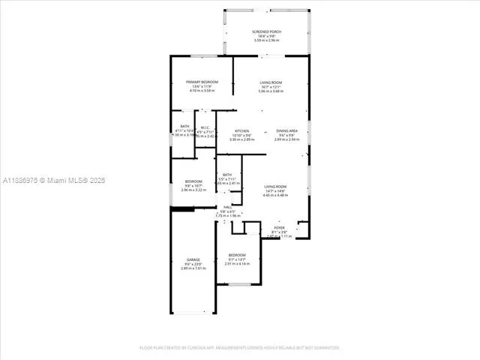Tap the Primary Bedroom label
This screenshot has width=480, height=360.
197,82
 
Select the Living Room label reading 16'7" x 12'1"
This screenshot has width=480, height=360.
271,82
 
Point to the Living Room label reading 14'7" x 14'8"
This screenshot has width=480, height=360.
275,187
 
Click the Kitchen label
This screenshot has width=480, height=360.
241,130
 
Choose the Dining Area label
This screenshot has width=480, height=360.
286,130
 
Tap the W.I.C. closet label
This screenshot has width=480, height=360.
205,127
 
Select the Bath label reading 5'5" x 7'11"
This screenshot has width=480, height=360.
227,175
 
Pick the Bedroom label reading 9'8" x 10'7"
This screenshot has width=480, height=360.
193,181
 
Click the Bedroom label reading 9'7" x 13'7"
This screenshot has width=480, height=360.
237,255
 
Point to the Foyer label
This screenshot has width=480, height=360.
279,227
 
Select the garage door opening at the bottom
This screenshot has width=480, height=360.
193,313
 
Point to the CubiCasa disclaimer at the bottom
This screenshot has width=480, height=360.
239,348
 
